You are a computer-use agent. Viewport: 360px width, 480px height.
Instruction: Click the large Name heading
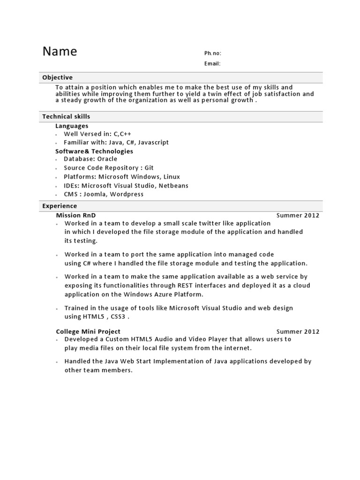(x=60, y=52)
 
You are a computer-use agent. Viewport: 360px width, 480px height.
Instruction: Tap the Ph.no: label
(x=212, y=53)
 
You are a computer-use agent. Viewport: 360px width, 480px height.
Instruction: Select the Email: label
(x=212, y=64)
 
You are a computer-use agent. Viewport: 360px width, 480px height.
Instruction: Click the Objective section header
(x=58, y=78)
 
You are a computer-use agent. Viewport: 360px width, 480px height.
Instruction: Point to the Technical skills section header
(x=66, y=117)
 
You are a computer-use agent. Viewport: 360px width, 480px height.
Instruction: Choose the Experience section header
(x=60, y=206)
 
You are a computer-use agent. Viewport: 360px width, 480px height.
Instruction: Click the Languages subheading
(x=72, y=126)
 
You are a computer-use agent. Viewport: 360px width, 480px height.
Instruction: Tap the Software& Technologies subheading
(x=94, y=151)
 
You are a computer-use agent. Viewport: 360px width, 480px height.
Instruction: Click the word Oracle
(x=107, y=159)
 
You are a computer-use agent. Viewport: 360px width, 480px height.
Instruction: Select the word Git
(x=149, y=168)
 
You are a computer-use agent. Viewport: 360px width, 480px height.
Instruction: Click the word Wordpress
(x=127, y=194)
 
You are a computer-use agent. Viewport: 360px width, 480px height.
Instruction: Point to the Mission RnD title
(x=76, y=215)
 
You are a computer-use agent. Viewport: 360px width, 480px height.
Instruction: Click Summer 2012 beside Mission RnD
(x=298, y=216)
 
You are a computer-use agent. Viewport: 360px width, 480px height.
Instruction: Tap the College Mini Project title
(x=88, y=331)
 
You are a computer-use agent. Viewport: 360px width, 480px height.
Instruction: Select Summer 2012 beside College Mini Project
(x=298, y=332)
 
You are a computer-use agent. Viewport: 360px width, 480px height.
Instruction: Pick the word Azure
(x=162, y=294)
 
